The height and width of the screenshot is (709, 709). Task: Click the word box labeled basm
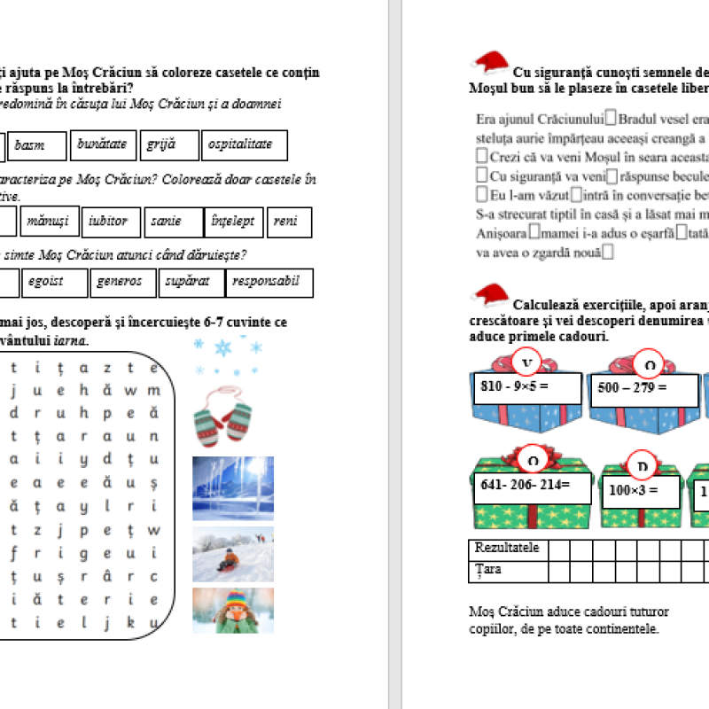pos(38,146)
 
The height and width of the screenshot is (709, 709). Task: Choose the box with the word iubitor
pos(112,222)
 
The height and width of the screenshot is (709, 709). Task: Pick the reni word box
pos(289,222)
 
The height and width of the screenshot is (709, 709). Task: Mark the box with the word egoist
pos(54,283)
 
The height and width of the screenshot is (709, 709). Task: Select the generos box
pos(123,283)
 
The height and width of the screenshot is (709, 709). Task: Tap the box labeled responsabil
pos(269,283)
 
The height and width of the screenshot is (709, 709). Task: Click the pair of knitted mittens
pos(222,415)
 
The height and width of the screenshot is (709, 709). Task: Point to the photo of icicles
pos(232,487)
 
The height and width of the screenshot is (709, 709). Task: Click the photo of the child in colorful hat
pos(232,610)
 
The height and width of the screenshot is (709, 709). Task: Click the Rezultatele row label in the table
pos(506,549)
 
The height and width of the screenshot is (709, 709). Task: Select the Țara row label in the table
pos(488,570)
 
